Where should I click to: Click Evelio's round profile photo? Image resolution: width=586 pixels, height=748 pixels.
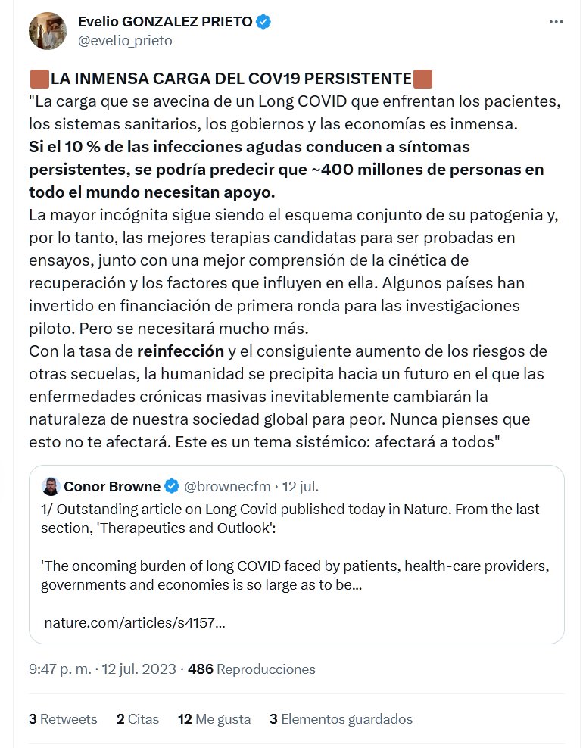(x=48, y=31)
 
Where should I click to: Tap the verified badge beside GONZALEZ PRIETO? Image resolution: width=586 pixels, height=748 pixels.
(x=263, y=22)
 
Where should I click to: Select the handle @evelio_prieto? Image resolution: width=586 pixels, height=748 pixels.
(x=125, y=41)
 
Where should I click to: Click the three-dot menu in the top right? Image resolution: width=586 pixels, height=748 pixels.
(x=556, y=23)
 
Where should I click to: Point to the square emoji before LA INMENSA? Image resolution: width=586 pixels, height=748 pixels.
(x=39, y=78)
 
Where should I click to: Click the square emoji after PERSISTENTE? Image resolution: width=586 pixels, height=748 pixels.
(x=423, y=78)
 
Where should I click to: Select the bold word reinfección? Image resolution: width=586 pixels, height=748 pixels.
(x=180, y=351)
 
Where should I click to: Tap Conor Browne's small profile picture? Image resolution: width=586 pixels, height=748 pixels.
(x=50, y=485)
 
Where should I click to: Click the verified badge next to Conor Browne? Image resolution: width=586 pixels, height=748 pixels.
(x=172, y=485)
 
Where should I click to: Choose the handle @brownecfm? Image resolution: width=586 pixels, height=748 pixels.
(x=227, y=485)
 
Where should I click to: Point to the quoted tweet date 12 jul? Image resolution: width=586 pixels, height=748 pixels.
(x=306, y=485)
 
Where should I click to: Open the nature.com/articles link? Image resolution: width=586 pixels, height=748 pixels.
(x=135, y=623)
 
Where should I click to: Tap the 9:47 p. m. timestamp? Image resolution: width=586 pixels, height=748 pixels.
(x=59, y=669)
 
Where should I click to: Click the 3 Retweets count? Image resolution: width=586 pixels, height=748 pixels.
(x=63, y=718)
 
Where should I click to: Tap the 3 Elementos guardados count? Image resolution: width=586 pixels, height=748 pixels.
(x=341, y=718)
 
